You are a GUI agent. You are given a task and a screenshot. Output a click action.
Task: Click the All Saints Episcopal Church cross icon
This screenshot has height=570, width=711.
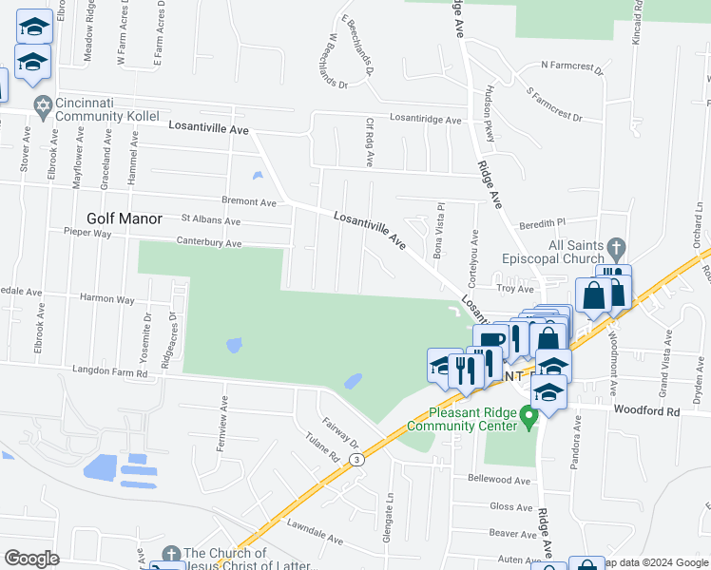coord(615,249)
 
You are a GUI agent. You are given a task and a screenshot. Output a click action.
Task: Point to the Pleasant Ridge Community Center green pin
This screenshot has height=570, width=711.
coord(531,417)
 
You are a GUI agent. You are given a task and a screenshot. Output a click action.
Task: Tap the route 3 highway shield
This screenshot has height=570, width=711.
coord(355,459)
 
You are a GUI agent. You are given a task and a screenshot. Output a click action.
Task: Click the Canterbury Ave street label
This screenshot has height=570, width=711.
coord(208,244)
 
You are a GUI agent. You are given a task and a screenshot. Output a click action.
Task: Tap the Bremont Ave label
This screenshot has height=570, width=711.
coord(248,202)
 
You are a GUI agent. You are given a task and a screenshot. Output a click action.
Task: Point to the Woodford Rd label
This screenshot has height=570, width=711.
coord(647,412)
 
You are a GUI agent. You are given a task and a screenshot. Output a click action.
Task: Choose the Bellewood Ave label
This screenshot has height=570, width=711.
coord(498,481)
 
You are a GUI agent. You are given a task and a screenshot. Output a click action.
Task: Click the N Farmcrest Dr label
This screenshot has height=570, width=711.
coord(572,66)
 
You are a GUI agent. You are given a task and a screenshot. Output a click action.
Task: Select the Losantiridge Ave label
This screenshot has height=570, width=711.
coord(425,121)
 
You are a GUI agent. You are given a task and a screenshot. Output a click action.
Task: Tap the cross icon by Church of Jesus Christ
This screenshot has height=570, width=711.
coord(170,554)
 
